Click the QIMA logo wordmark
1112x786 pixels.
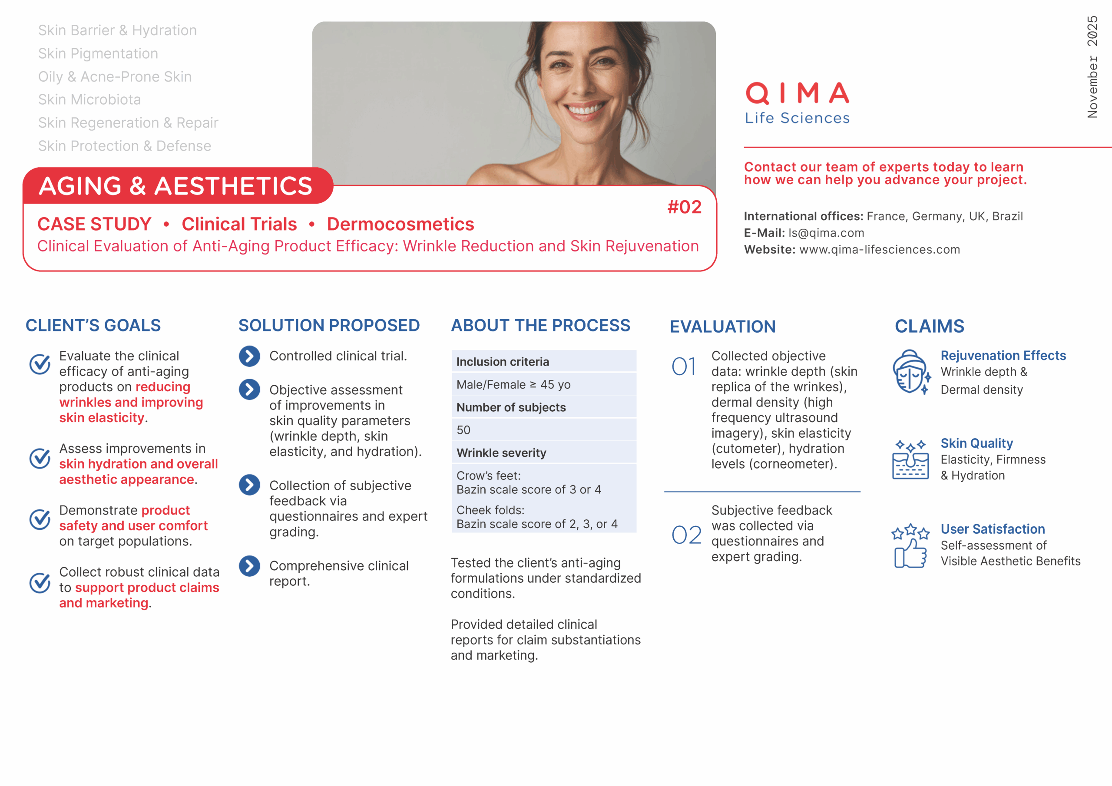tap(797, 93)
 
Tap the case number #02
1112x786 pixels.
tap(684, 207)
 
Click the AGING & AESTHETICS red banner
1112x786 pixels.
tap(176, 186)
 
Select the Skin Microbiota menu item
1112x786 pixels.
tap(89, 100)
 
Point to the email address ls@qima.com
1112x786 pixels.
tap(826, 233)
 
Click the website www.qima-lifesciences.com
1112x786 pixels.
tap(879, 249)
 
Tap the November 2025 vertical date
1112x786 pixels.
tap(1092, 67)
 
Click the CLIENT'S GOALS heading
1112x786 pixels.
tap(93, 325)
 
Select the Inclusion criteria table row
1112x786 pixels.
tap(543, 362)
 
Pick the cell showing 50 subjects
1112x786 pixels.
tap(543, 430)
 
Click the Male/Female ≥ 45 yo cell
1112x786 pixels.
tap(543, 384)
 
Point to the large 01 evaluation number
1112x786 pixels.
tap(683, 367)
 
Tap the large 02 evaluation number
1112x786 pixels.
tap(686, 535)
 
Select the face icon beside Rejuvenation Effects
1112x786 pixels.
tap(910, 372)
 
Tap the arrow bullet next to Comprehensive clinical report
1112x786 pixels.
tap(249, 566)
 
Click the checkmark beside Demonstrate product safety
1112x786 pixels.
tap(40, 520)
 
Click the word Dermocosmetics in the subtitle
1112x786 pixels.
tap(400, 224)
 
